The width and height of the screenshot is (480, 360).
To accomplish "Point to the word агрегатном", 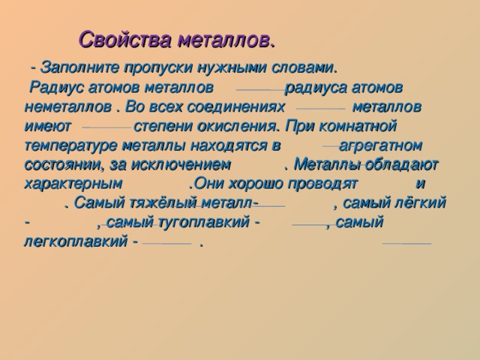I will (382, 144).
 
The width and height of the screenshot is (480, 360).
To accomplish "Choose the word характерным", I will (73, 182).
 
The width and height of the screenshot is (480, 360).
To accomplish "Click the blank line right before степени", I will (106, 128).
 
